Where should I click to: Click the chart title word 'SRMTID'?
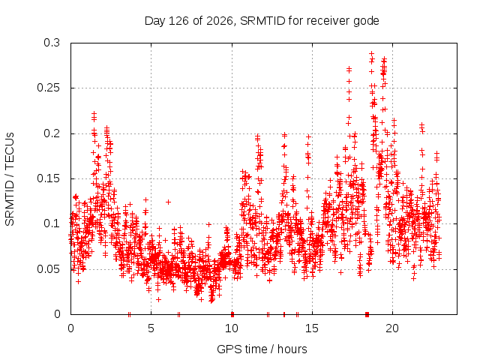(x=262, y=21)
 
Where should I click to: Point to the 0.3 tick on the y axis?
(x=52, y=43)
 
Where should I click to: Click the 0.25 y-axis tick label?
(x=48, y=88)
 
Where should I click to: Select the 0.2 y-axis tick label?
(x=52, y=133)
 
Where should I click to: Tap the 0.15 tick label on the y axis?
(x=48, y=178)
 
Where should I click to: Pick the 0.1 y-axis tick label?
(x=52, y=223)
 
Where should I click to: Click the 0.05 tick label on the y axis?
(x=48, y=269)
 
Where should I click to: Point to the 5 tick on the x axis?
(x=151, y=328)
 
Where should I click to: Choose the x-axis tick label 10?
(x=232, y=328)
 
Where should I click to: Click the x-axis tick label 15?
(x=312, y=328)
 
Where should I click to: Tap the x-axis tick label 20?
(x=392, y=328)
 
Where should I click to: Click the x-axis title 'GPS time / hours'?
(x=262, y=349)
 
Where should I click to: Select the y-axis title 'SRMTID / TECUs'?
(x=10, y=179)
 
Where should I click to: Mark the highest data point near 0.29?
(x=372, y=54)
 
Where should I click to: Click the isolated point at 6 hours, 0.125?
(x=168, y=202)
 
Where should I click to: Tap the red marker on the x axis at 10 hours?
(x=232, y=314)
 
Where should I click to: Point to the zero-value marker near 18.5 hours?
(x=367, y=314)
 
